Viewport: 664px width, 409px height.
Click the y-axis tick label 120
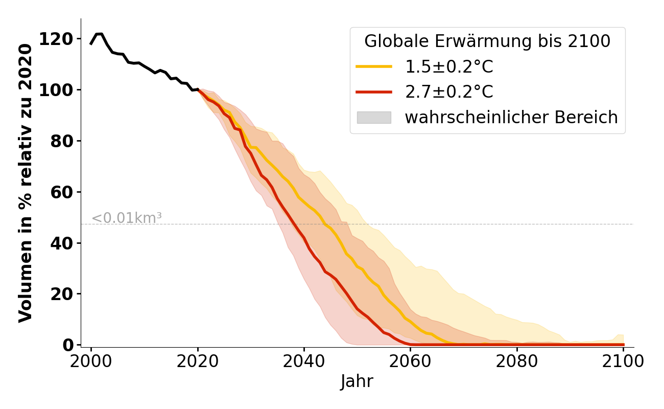click(56, 39)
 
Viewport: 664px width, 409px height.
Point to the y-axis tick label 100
click(56, 90)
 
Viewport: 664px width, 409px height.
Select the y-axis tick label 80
click(62, 142)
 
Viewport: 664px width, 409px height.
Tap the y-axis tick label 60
click(62, 193)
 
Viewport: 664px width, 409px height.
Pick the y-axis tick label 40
click(62, 243)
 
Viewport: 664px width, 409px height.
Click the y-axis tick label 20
click(62, 294)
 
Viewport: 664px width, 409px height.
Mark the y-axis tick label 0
click(68, 346)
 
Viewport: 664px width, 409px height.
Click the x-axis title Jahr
click(357, 381)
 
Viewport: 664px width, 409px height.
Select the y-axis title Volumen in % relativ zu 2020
click(26, 183)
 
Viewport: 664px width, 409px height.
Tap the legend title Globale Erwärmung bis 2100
click(487, 41)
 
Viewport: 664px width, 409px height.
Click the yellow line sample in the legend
click(374, 66)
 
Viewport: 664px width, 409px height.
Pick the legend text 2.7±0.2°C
click(449, 92)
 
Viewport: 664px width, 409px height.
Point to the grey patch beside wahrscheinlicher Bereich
click(374, 118)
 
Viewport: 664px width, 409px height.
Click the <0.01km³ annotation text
click(127, 218)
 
